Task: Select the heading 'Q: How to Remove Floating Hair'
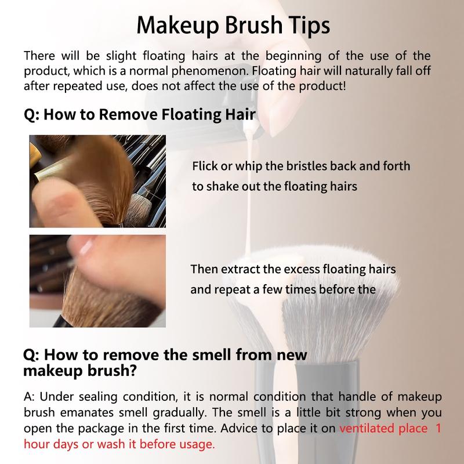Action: (140, 114)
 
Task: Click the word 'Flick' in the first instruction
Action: (204, 166)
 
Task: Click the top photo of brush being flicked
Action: (97, 180)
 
